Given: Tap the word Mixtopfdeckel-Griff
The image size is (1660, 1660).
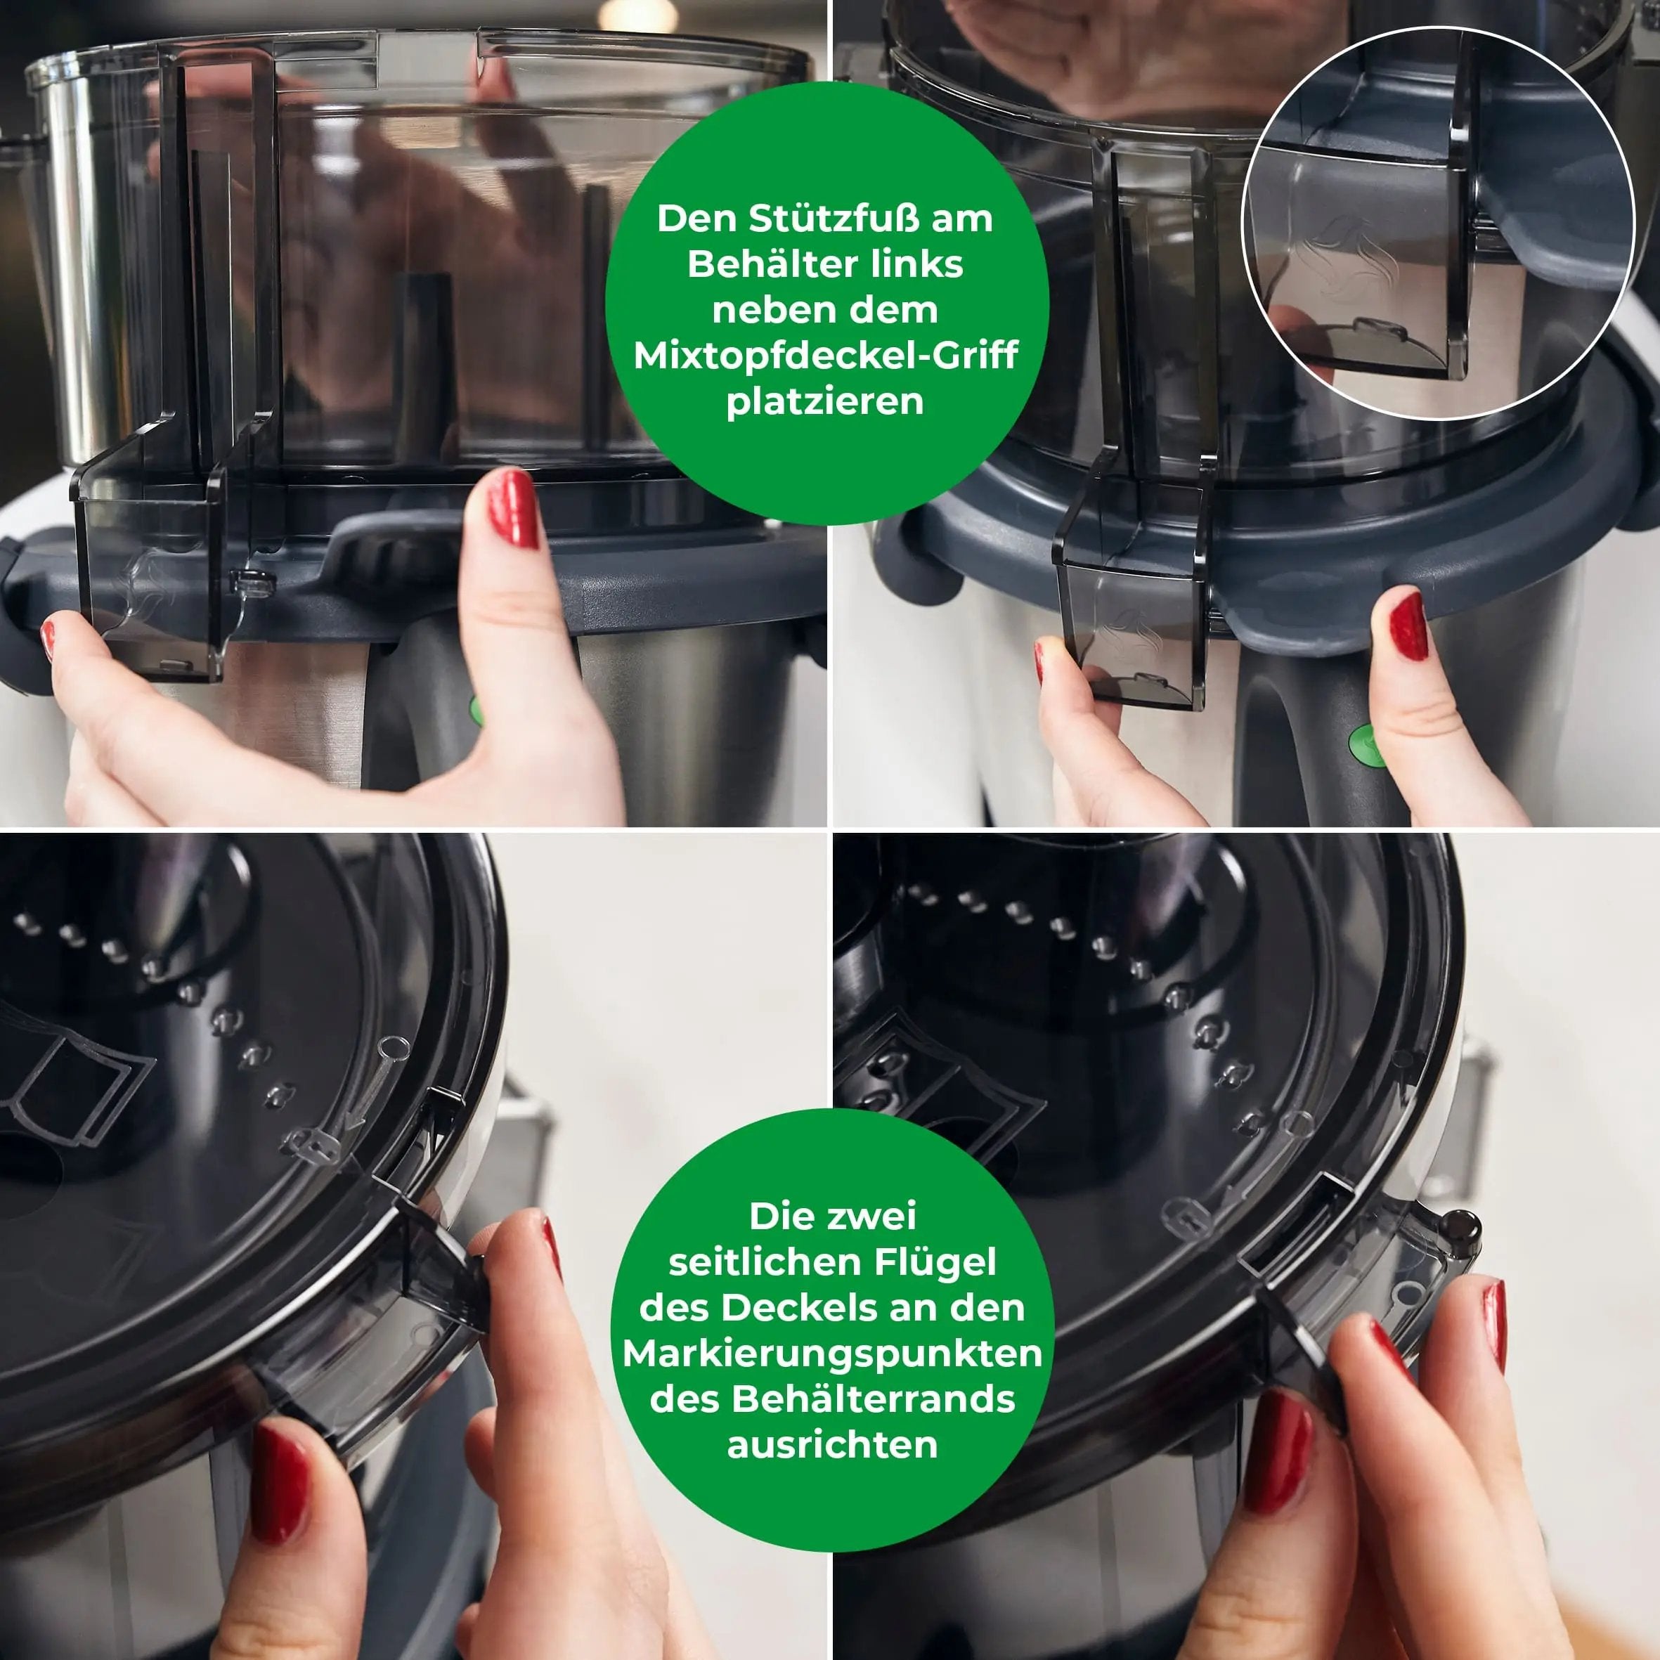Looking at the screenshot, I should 825,355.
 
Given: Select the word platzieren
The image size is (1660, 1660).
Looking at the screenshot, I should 825,401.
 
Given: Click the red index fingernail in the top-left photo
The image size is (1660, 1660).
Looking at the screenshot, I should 513,509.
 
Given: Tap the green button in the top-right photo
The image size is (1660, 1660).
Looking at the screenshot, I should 1363,744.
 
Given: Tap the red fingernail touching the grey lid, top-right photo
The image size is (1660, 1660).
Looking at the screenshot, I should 1408,626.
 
